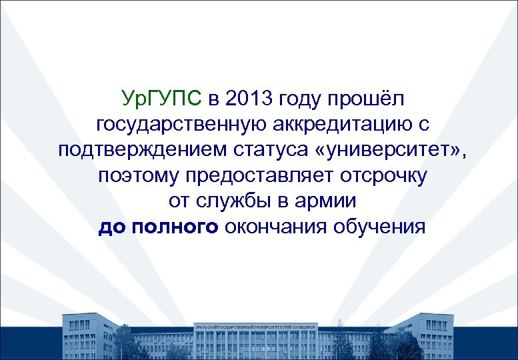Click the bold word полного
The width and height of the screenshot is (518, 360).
coord(175,227)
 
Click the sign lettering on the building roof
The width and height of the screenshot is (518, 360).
coord(255,327)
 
